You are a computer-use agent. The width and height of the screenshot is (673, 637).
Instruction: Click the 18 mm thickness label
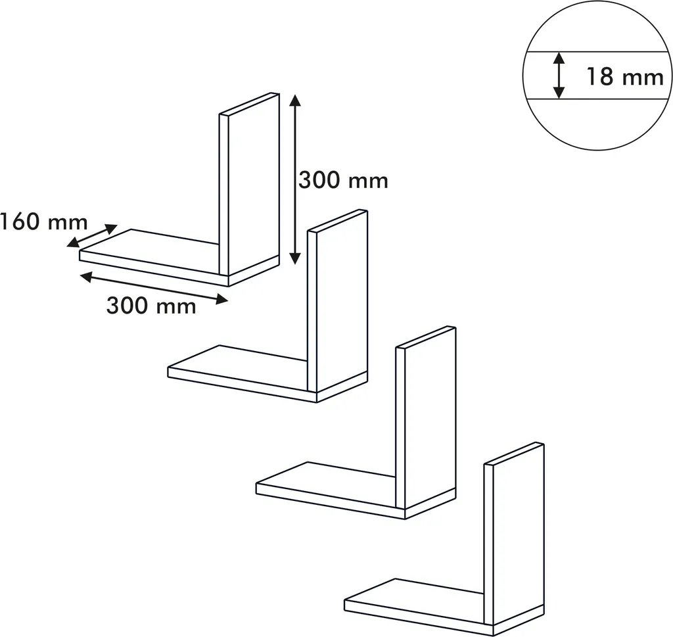(625, 77)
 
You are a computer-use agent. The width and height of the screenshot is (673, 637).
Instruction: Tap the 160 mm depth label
(44, 222)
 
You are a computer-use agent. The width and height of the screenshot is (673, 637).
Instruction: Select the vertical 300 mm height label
(343, 180)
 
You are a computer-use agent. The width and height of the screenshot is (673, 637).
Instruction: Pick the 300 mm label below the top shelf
(151, 306)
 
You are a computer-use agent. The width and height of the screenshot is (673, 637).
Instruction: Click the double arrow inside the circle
(559, 76)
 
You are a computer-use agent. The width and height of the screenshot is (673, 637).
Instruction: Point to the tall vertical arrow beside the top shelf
(294, 179)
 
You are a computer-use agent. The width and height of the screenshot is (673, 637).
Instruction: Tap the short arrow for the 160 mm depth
(92, 235)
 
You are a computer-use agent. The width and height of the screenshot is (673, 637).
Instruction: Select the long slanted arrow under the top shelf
(154, 287)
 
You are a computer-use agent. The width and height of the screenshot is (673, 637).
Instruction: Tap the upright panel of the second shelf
(338, 301)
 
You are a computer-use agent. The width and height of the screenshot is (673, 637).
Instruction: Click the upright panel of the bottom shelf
(514, 534)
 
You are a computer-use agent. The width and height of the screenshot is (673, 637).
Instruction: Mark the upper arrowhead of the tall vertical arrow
(294, 99)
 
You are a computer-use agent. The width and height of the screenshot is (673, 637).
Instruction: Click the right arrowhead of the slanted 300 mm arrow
(222, 299)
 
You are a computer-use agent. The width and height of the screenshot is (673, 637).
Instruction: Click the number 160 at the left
(20, 222)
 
